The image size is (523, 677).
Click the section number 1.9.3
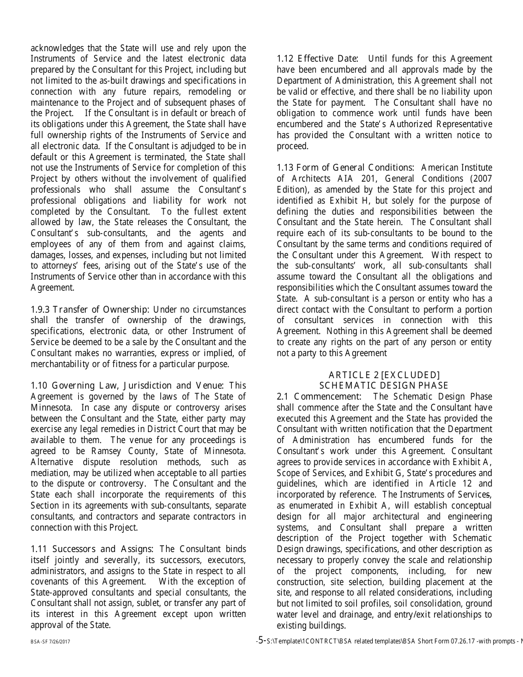point(40,309)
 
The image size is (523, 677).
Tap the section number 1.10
point(39,385)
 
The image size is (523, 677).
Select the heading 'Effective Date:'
point(328,59)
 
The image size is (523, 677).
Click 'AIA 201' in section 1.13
point(363,178)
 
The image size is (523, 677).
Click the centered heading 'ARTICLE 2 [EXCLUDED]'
point(384,375)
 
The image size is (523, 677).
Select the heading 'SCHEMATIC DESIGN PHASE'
point(384,386)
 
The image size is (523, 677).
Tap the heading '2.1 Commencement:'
point(319,396)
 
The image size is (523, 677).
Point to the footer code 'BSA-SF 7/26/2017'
point(50,642)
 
